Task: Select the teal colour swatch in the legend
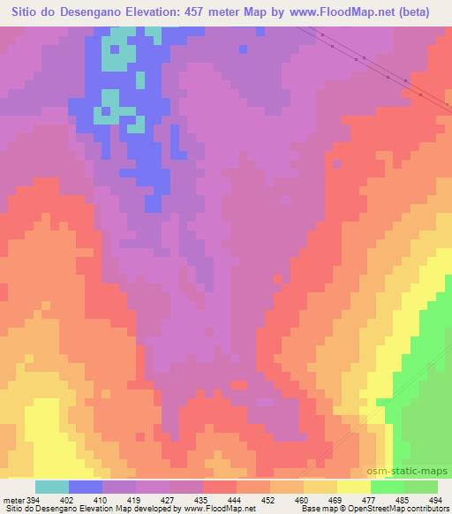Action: pos(52,487)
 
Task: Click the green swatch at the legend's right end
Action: pos(421,487)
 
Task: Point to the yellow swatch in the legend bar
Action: pos(354,487)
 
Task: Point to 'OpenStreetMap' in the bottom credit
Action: pos(383,508)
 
